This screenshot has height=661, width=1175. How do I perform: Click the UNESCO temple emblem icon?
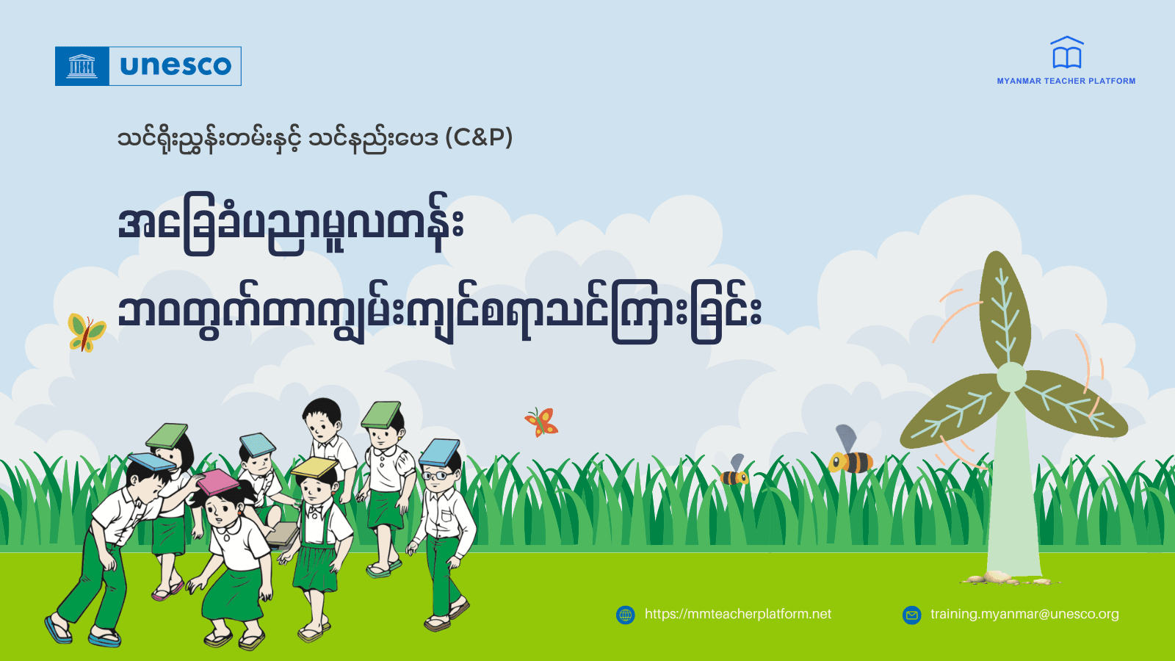(82, 66)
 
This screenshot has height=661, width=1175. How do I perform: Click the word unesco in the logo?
(176, 66)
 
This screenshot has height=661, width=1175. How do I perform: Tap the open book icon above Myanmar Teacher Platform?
(1066, 54)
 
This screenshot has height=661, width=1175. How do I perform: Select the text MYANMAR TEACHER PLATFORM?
(1066, 81)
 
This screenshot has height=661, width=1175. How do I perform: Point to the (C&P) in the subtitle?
(479, 137)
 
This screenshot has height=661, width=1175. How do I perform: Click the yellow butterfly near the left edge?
(86, 332)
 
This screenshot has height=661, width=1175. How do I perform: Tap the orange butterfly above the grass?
(542, 422)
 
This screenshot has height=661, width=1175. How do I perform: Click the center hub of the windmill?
(1011, 377)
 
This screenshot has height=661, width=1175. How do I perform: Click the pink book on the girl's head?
(217, 482)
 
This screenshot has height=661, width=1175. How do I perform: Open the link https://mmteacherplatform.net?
(737, 614)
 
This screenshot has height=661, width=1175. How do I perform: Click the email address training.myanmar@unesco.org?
(1024, 614)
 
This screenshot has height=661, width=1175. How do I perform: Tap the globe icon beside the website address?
(626, 615)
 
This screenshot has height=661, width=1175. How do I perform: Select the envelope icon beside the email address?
(911, 615)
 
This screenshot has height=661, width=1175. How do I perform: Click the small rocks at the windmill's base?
(992, 578)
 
